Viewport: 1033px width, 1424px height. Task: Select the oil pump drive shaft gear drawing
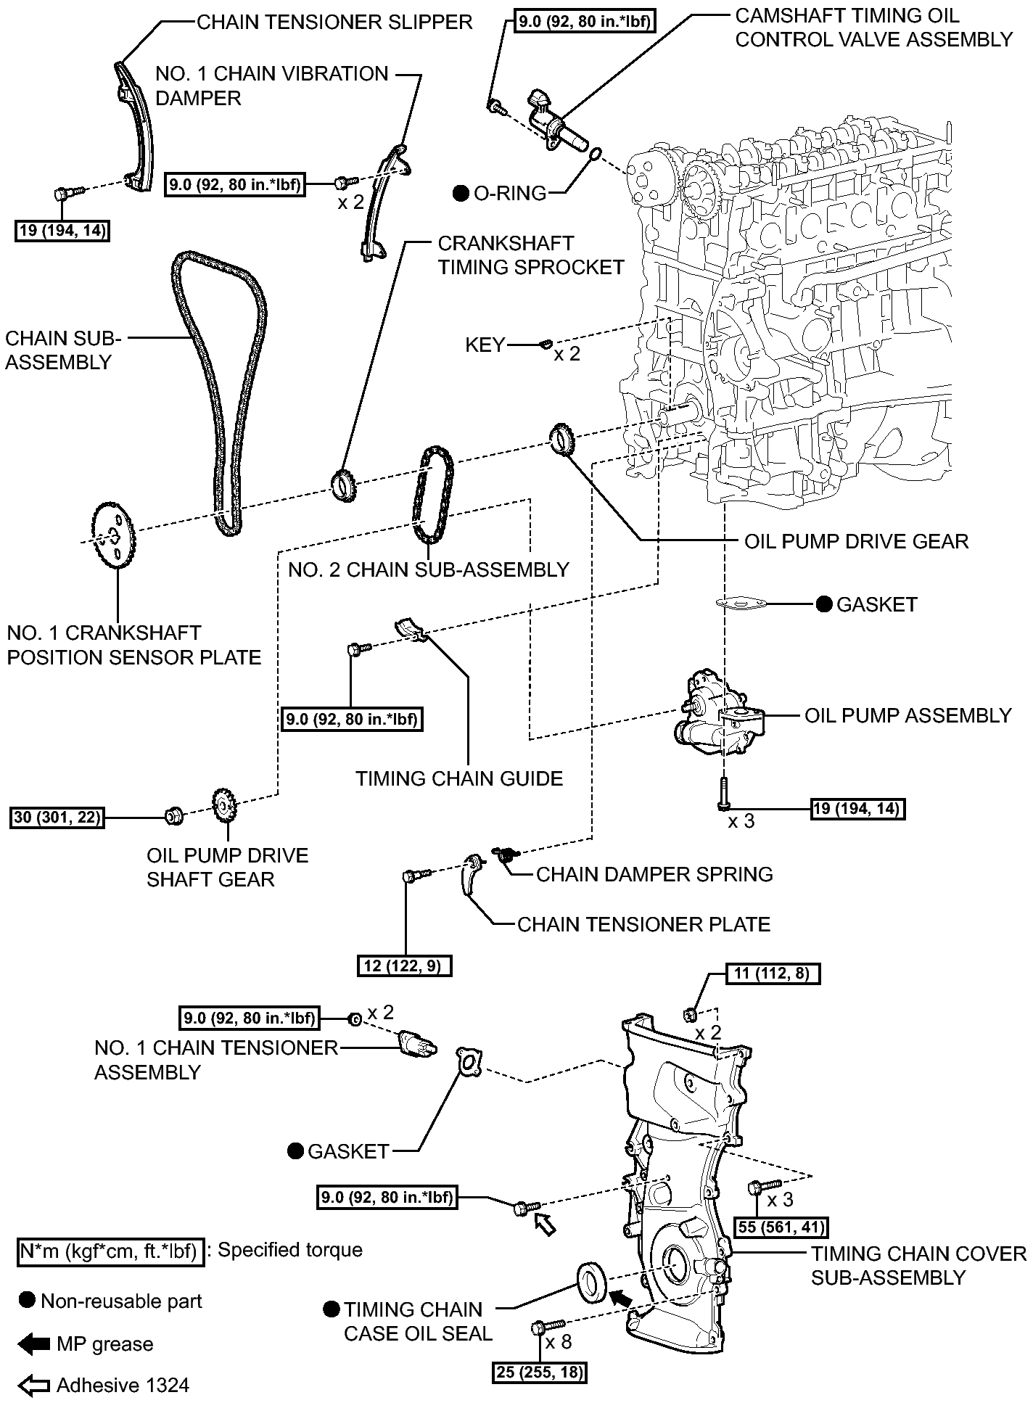[x=226, y=804]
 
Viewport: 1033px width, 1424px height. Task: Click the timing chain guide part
[x=411, y=629]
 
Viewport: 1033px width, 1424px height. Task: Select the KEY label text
[x=485, y=345]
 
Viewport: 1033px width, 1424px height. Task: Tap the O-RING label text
[x=510, y=193]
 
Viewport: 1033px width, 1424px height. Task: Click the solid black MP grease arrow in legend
[x=33, y=1344]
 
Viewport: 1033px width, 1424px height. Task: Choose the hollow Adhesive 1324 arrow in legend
[x=33, y=1386]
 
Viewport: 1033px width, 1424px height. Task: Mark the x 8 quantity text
[x=558, y=1342]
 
